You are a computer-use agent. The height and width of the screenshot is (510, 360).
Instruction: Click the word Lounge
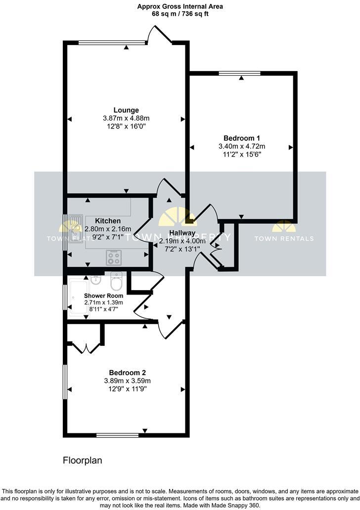coord(126,110)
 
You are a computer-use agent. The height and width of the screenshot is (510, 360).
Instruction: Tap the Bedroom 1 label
coord(242,138)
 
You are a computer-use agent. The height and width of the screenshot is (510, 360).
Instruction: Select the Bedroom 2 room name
coord(127,373)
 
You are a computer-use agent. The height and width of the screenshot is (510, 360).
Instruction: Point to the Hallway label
coord(182,233)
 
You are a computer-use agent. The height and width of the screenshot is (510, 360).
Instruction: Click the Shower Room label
coord(103,296)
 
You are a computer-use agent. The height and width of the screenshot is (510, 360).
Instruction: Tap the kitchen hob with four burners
coord(114,257)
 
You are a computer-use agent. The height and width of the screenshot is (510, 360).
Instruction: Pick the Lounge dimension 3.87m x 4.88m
coord(126,118)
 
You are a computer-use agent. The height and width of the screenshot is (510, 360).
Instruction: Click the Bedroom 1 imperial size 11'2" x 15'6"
coord(242,154)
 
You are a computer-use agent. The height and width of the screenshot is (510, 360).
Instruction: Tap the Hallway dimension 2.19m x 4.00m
coord(182,241)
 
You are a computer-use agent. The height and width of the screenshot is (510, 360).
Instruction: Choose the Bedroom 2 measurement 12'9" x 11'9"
coord(127,389)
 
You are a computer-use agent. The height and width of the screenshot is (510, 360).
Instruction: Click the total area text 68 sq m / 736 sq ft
coord(180,14)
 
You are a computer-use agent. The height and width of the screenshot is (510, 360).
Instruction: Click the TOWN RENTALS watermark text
coord(284,239)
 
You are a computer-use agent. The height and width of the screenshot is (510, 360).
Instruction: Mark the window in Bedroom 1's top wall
coord(240,73)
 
